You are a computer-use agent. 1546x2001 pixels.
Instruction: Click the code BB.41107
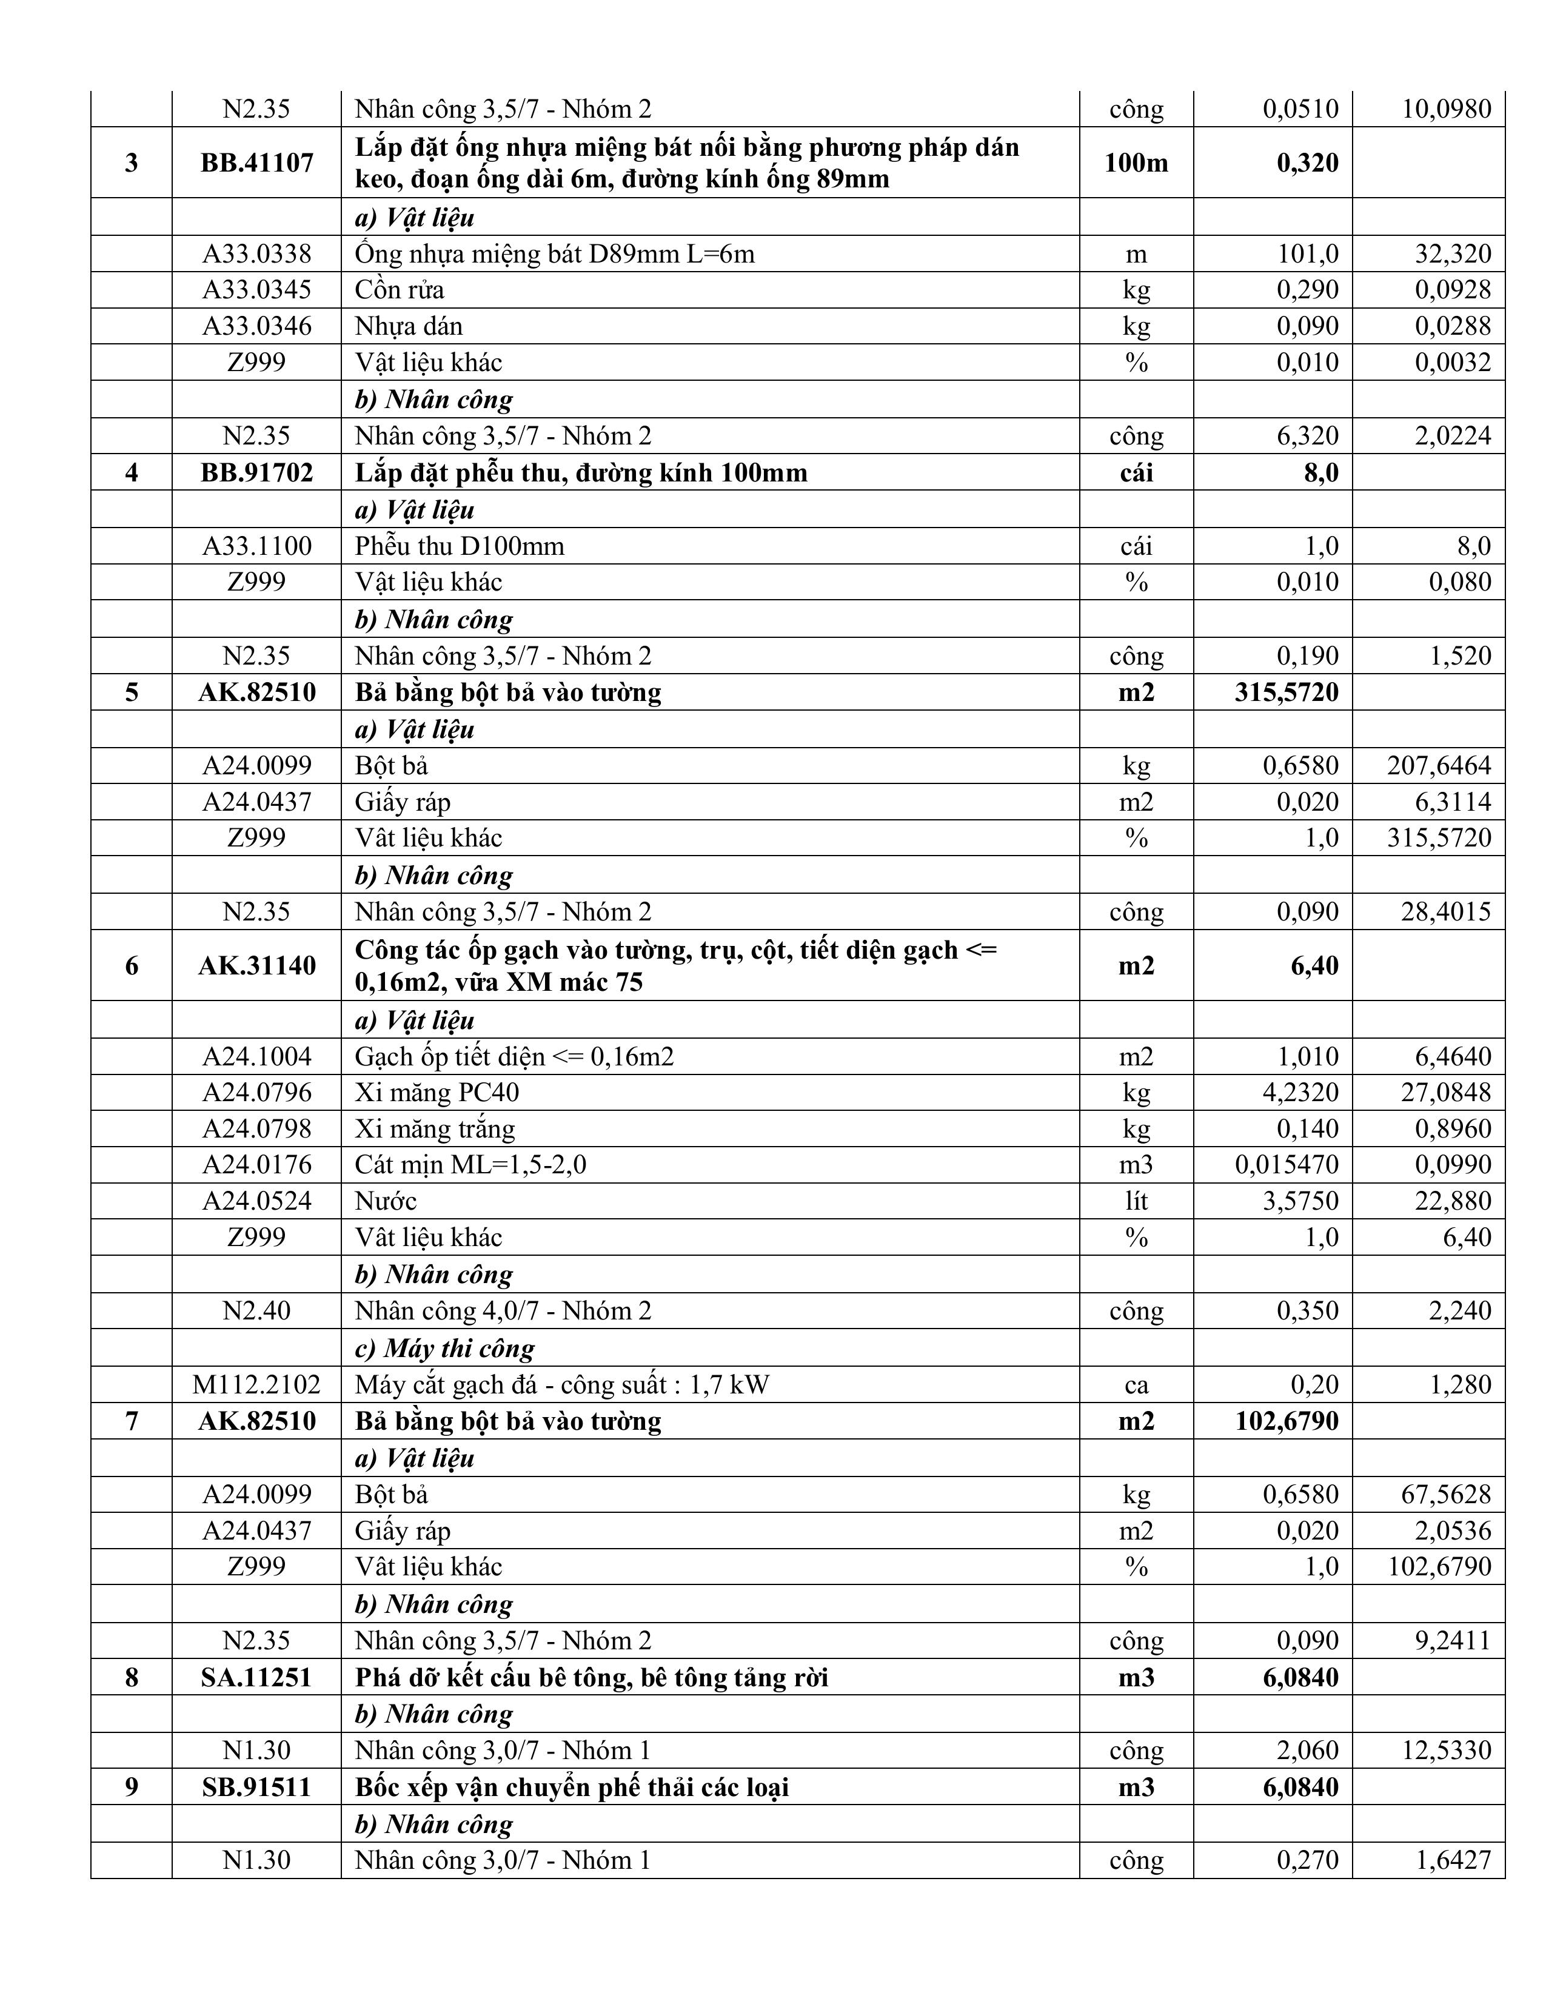pos(256,163)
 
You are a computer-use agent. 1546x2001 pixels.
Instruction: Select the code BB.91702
pos(256,473)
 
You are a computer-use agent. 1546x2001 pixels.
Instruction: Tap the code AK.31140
pos(256,966)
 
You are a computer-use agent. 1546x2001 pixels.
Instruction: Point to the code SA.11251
pos(256,1678)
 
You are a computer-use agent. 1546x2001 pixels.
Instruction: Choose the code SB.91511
pos(256,1788)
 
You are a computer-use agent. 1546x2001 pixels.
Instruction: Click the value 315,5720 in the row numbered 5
pos(1286,692)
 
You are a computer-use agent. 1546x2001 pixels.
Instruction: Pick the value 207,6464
pos(1439,765)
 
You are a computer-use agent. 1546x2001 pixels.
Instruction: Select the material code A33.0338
pos(256,254)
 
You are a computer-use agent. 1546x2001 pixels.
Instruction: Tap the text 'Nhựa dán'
pos(409,326)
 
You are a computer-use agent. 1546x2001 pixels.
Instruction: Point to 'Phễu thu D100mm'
pos(460,546)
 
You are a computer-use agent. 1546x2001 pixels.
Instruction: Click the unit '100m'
pos(1136,163)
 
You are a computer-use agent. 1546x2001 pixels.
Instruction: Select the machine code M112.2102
pos(256,1384)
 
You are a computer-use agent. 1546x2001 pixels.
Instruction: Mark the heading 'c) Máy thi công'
pos(444,1348)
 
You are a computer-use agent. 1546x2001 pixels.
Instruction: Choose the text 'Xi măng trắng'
pos(435,1129)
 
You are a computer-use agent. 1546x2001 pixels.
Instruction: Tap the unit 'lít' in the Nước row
pos(1136,1201)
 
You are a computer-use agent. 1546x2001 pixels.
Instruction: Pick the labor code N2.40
pos(256,1311)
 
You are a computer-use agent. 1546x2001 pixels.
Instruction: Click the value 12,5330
pos(1446,1751)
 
